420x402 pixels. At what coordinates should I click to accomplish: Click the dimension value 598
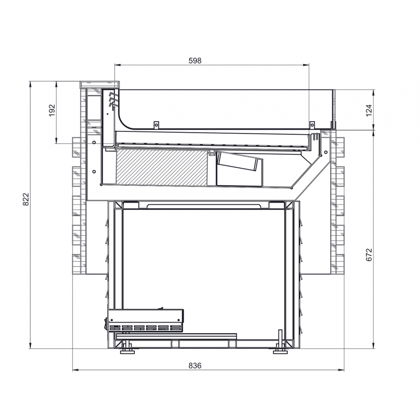point(195,61)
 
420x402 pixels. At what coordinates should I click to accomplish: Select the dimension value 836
point(195,365)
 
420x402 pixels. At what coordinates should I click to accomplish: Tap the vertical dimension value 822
point(26,199)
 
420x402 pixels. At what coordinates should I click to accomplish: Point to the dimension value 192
point(52,110)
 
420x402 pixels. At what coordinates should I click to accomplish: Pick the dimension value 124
point(369,110)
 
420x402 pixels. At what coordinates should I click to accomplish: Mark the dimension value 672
point(369,254)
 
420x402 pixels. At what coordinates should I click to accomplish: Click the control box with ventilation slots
point(146,320)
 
